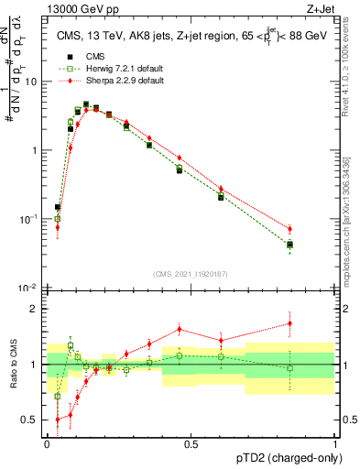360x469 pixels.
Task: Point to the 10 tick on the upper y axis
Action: point(34,82)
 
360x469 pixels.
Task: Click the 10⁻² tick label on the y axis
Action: point(31,289)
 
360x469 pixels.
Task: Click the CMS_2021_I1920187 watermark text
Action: point(191,274)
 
